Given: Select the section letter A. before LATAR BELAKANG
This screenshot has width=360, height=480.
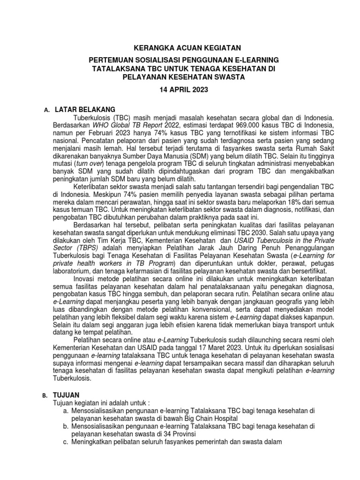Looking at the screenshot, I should tap(46, 110).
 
